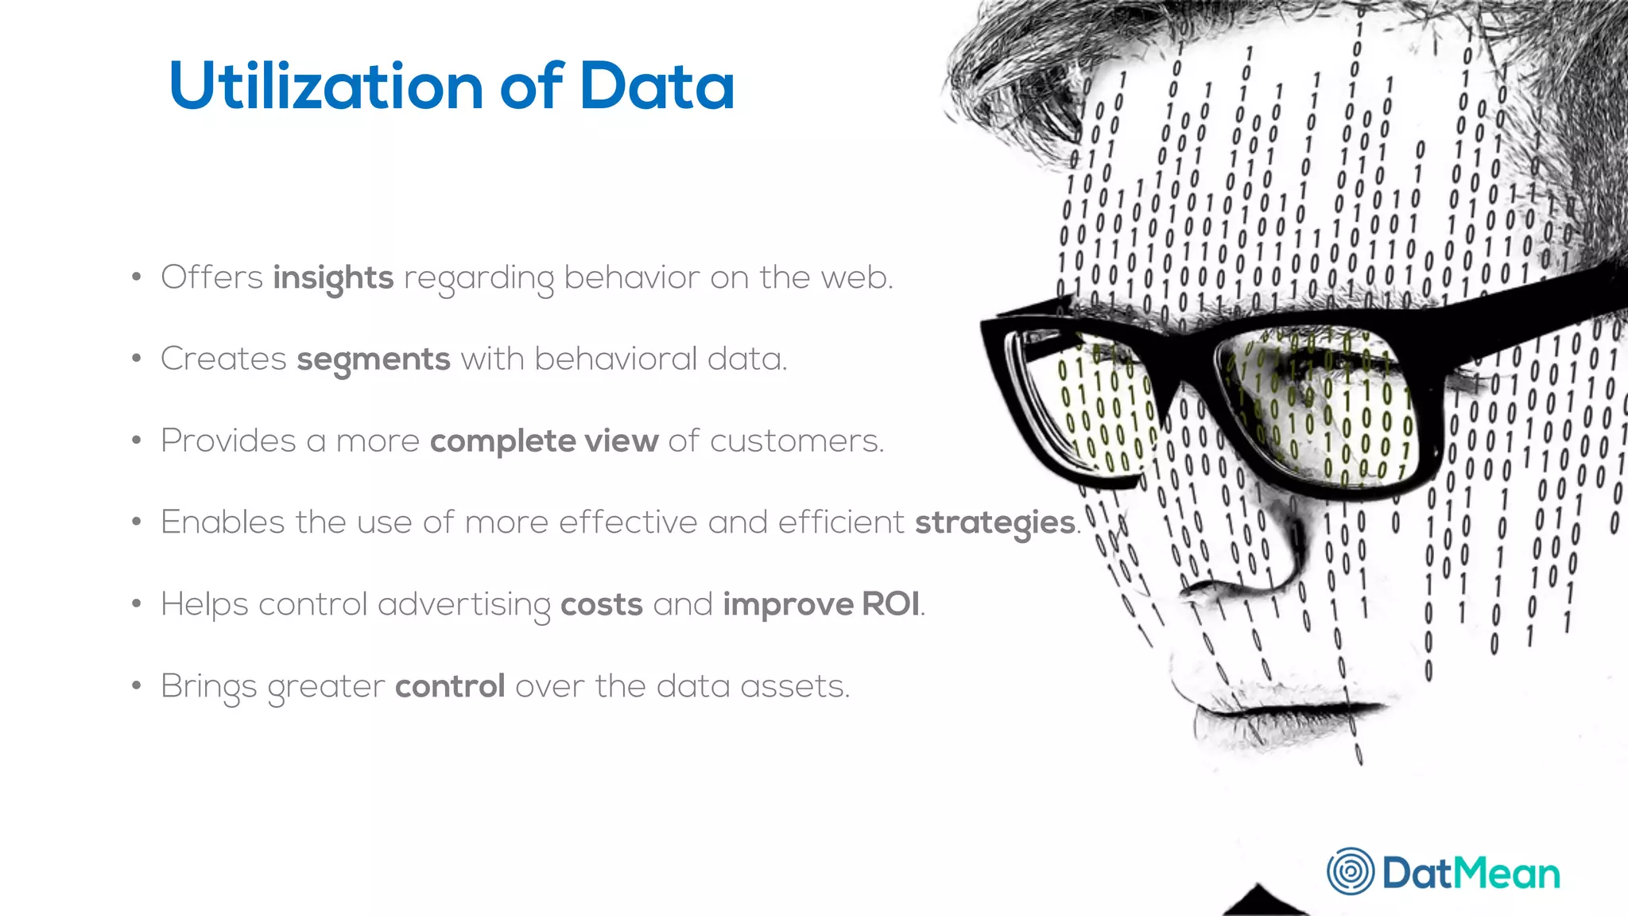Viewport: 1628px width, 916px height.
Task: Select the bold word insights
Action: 333,278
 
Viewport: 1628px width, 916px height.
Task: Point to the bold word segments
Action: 374,359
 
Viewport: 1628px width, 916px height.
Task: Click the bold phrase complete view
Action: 544,441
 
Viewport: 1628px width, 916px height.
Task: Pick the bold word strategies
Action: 995,523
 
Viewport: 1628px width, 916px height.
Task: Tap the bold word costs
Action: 602,604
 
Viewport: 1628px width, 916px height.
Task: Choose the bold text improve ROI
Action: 821,604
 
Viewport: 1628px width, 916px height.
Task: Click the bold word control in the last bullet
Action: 450,685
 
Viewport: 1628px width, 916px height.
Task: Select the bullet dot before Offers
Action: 137,278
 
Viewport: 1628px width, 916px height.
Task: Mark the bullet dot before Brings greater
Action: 137,685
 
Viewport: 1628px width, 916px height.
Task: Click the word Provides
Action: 228,441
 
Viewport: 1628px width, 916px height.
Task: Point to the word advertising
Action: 463,604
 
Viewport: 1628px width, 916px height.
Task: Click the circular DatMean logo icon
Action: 1350,871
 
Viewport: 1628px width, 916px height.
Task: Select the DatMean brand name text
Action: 1471,873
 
